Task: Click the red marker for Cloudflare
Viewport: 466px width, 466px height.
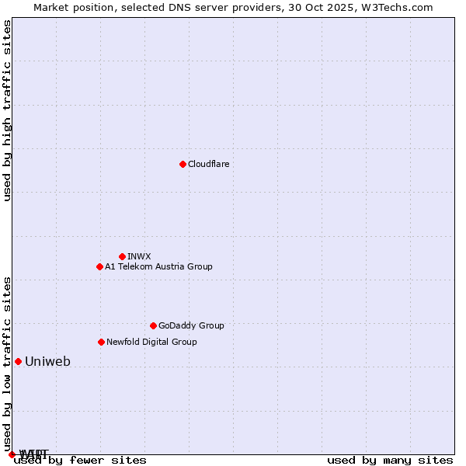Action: [183, 164]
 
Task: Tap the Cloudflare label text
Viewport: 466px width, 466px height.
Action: [208, 164]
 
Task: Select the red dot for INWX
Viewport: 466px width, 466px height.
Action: [122, 256]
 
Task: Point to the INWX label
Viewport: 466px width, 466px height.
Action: [139, 256]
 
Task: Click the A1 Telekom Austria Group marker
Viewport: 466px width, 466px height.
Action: [99, 266]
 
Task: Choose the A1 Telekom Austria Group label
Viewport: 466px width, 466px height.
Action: [158, 266]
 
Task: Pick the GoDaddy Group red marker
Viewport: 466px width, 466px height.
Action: [153, 325]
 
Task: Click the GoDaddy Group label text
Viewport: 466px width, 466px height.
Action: [190, 325]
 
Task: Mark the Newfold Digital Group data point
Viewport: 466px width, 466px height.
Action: [101, 342]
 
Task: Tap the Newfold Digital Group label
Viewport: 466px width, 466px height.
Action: [151, 342]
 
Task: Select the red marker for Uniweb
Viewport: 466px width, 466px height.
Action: [18, 361]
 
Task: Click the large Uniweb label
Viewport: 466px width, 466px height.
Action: [47, 361]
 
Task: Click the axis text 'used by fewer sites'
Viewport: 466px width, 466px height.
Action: [80, 460]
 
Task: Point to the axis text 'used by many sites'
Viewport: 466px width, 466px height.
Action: [390, 460]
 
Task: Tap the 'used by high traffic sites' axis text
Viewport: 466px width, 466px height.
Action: [8, 110]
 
